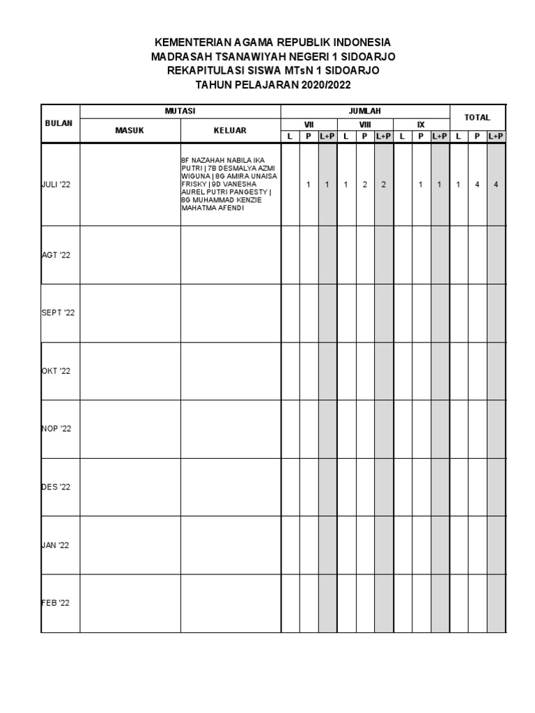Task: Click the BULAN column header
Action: click(60, 123)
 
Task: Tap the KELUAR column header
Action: click(230, 130)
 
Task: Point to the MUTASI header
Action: click(180, 111)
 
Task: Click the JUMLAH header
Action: click(364, 111)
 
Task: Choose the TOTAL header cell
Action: click(477, 118)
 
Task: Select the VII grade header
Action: click(309, 124)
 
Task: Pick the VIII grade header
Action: click(365, 124)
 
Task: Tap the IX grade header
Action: click(421, 124)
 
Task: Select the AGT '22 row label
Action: click(56, 256)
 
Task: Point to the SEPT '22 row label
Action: click(58, 313)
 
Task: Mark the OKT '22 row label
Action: click(56, 371)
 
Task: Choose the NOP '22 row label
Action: click(56, 429)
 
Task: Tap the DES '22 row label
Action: click(56, 487)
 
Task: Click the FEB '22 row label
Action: click(56, 603)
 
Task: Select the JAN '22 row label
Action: click(56, 545)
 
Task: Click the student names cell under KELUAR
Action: click(230, 185)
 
